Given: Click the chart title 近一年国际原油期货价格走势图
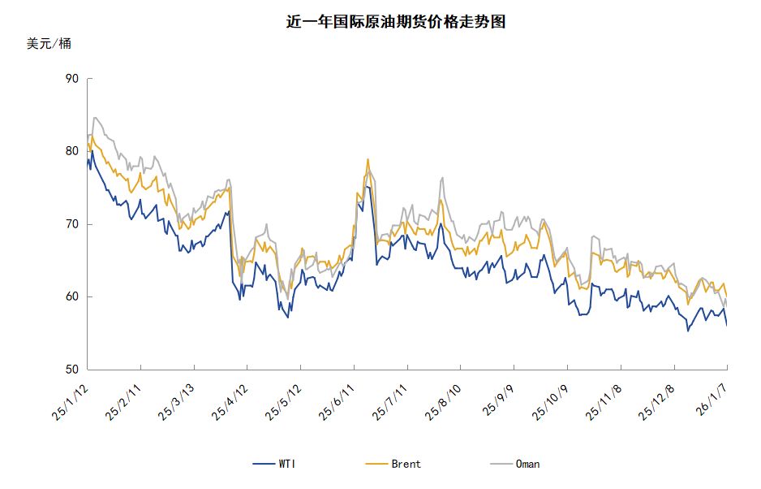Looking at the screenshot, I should pos(396,22).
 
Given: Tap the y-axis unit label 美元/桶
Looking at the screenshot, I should pos(49,44).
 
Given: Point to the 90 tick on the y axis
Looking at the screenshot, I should pos(71,79).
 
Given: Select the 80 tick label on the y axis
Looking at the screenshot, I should pos(71,151).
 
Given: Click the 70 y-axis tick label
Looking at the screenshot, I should pos(71,224).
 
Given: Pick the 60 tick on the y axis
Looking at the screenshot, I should pos(71,297).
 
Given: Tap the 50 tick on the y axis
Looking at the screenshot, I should pos(71,370).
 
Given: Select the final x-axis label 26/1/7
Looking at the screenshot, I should pos(712,400).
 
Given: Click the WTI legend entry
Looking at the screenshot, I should pos(276,464).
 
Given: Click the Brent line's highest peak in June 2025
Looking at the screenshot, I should pos(368,159).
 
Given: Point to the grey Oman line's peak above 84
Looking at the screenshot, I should pos(95,117).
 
